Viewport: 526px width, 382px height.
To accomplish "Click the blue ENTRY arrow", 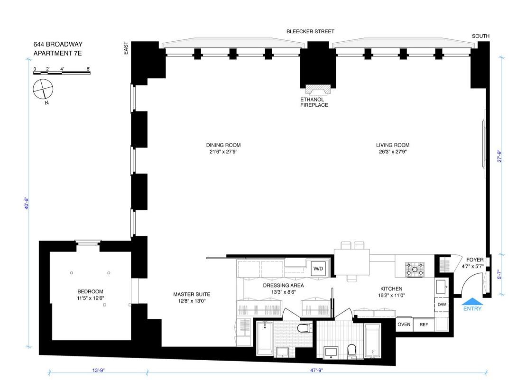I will click(x=472, y=301).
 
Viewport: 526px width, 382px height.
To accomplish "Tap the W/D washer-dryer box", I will click(x=317, y=269).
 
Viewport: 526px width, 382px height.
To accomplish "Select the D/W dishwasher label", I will click(x=441, y=305).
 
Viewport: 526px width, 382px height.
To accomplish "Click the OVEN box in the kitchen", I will click(x=404, y=325).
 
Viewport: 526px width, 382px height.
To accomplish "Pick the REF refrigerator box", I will click(x=423, y=325).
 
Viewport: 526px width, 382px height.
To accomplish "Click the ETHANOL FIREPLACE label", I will click(x=314, y=102).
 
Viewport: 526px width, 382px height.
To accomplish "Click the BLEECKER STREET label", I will click(x=310, y=31).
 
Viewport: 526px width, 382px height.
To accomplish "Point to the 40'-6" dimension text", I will click(x=28, y=203).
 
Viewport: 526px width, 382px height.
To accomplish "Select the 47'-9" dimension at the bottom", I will click(x=316, y=370).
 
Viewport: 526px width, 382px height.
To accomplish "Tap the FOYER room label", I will click(x=475, y=260).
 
